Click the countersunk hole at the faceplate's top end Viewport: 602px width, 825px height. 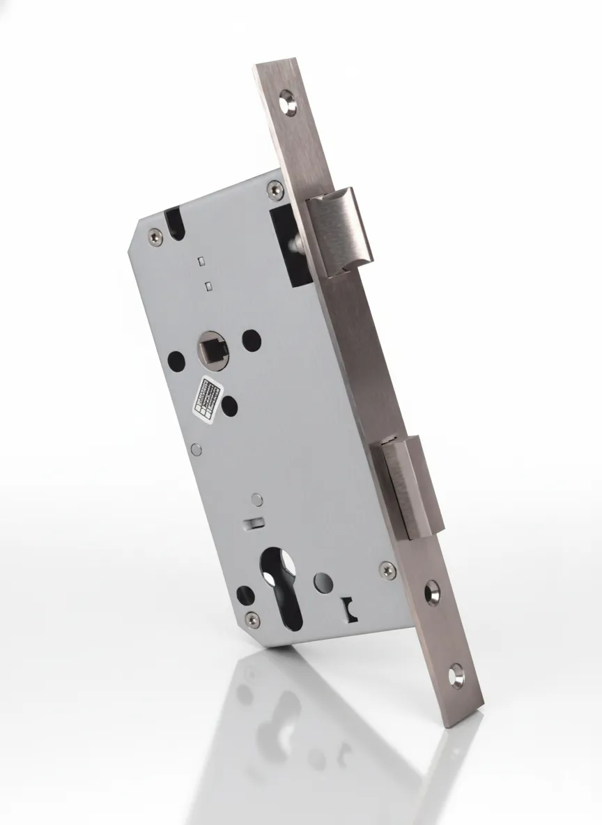click(x=289, y=102)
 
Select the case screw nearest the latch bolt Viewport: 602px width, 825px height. click(x=275, y=188)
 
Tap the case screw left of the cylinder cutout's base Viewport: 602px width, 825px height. click(x=252, y=619)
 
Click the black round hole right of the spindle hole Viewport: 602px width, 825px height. click(x=251, y=339)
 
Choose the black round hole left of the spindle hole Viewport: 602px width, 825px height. click(x=176, y=360)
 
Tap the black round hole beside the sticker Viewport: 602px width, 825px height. click(x=229, y=405)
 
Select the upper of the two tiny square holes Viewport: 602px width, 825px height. click(x=200, y=261)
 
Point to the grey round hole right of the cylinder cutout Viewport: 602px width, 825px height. click(x=323, y=580)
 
